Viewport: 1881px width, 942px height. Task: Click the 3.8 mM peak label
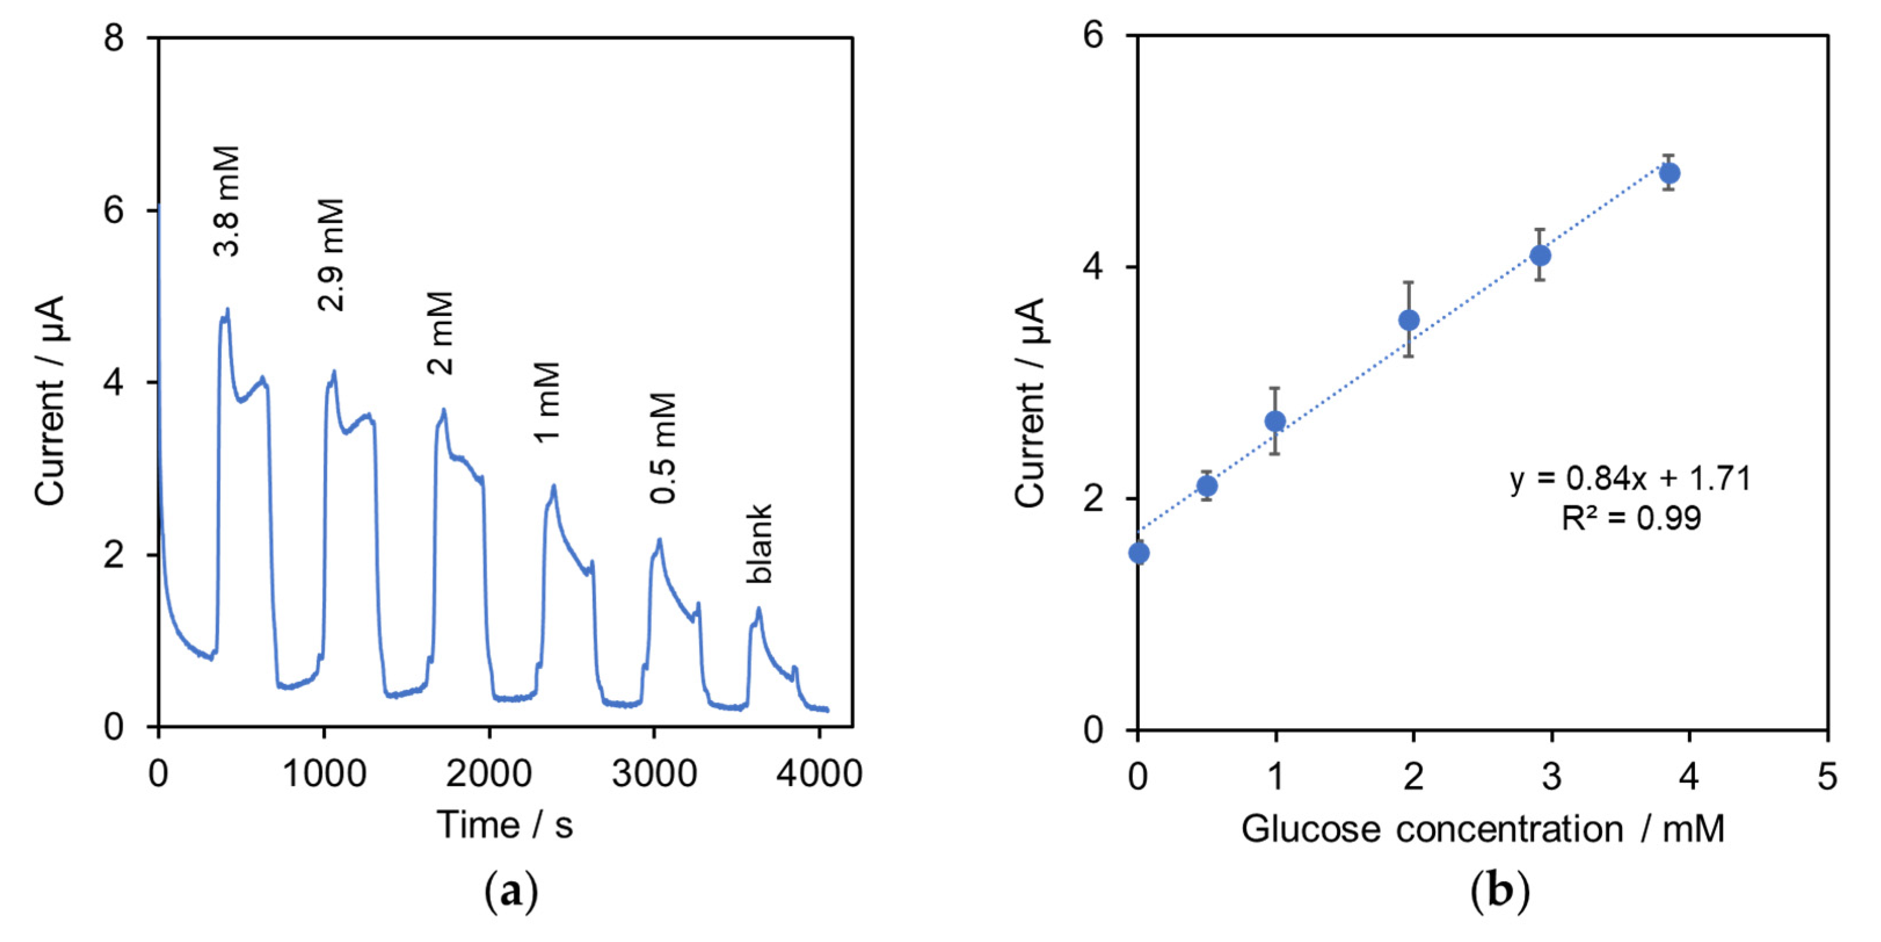(x=227, y=202)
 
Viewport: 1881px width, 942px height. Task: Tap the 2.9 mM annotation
(x=331, y=255)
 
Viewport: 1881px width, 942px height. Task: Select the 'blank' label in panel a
(x=759, y=543)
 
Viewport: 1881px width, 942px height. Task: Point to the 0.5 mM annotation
(x=664, y=448)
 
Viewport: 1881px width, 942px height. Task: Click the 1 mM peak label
(x=547, y=401)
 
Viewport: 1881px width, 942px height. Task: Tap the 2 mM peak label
(x=441, y=334)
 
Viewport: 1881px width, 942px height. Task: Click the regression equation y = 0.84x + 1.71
(x=1630, y=479)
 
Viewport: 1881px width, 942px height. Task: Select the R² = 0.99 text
(x=1631, y=518)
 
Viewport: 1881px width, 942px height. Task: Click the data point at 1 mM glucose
(x=1275, y=421)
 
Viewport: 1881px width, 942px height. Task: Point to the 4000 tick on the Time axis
(x=819, y=774)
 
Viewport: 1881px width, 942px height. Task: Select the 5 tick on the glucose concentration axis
(x=1826, y=776)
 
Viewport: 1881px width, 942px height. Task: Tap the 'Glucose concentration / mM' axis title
(x=1482, y=830)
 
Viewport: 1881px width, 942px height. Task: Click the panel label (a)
(x=511, y=892)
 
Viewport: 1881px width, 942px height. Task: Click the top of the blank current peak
(x=759, y=608)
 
